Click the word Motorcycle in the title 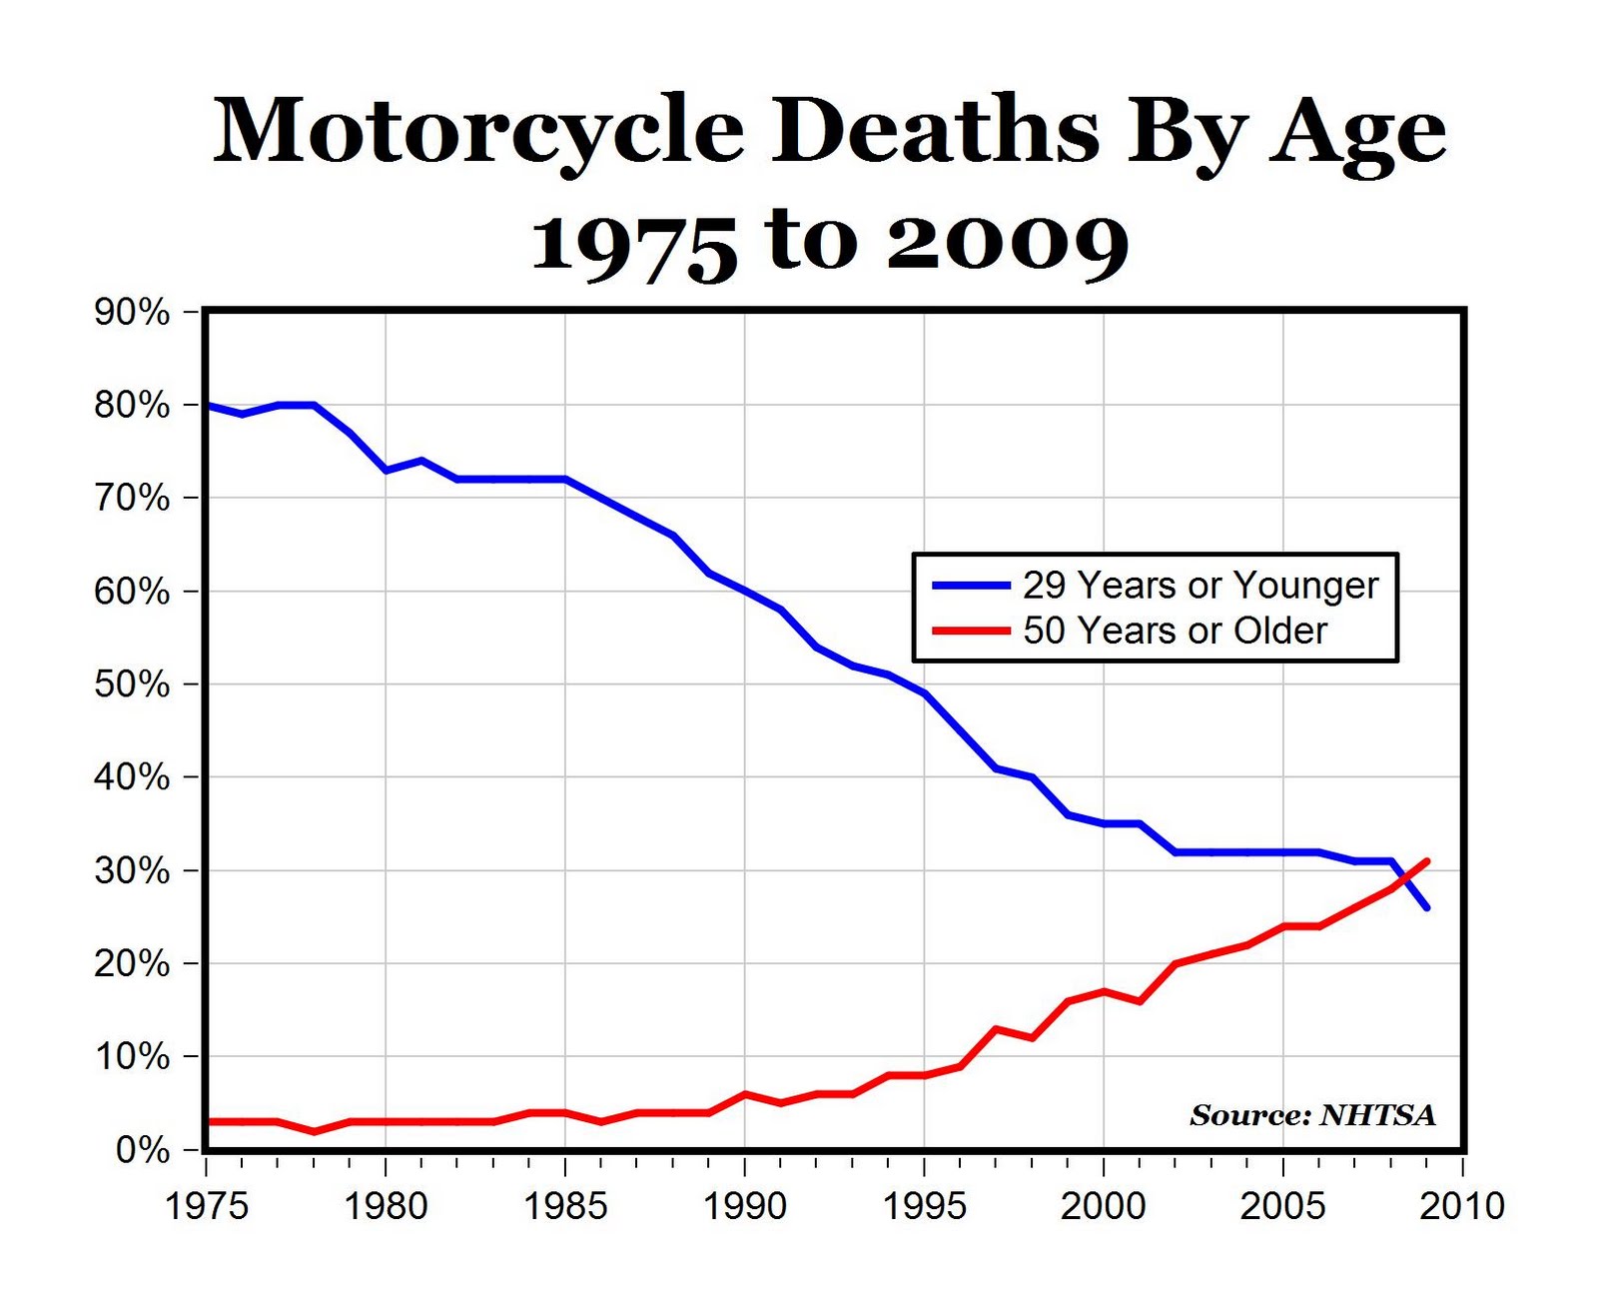point(478,131)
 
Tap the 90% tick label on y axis point(132,313)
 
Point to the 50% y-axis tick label point(132,684)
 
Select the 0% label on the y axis point(142,1150)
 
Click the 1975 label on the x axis point(206,1206)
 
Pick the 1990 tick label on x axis point(744,1206)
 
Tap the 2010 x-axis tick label point(1462,1206)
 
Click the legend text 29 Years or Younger point(1199,586)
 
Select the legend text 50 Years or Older point(1175,632)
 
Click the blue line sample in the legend point(970,587)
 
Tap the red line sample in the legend point(970,632)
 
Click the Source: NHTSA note point(1312,1115)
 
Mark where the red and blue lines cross point(1406,878)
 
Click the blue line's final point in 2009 point(1427,907)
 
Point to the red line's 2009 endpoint point(1427,860)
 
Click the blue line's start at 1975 point(207,405)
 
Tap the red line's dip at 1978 point(315,1131)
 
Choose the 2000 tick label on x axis point(1103,1206)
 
